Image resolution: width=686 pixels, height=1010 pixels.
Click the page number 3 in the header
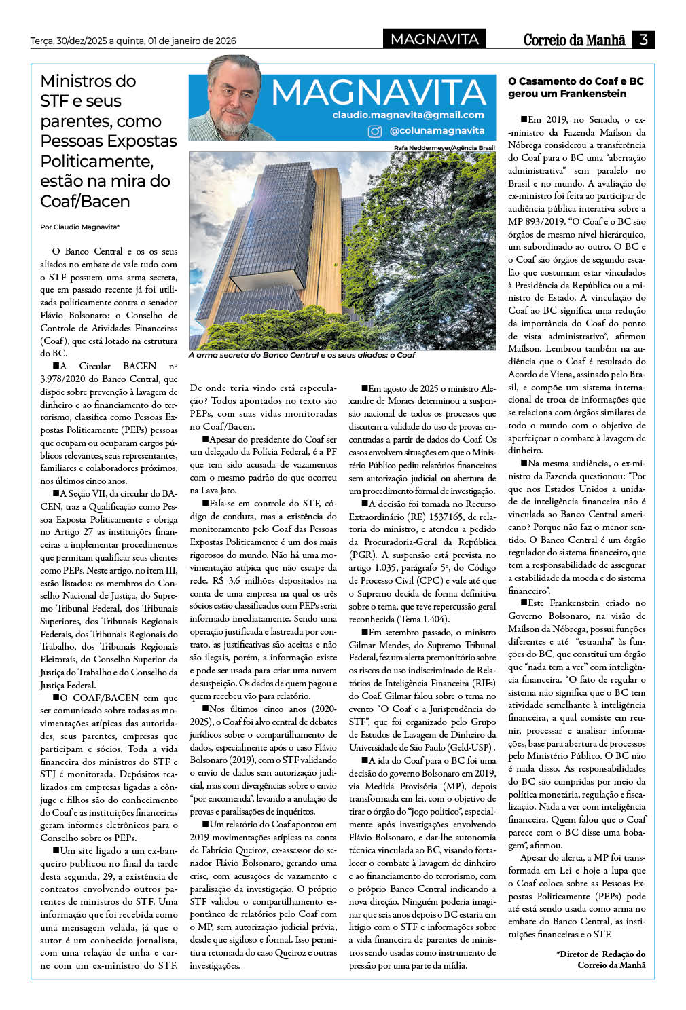pos(643,39)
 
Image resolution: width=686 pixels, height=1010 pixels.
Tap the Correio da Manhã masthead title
pos(574,40)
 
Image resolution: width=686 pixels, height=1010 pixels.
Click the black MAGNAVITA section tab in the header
pos(435,39)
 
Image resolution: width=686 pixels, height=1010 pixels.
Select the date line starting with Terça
pos(133,41)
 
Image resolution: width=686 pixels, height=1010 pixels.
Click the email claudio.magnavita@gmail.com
pos(408,115)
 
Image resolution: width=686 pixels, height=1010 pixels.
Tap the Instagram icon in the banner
pos(374,131)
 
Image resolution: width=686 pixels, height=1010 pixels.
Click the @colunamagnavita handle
pos(437,131)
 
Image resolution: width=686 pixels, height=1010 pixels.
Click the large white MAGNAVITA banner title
pos(378,92)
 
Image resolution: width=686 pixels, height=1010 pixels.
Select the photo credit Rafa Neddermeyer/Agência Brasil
pos(444,147)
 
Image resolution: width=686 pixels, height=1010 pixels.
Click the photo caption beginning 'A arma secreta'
pos(302,355)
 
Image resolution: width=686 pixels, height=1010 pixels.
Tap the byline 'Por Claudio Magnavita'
pos(79,227)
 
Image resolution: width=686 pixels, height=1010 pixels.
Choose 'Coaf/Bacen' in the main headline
pos(85,201)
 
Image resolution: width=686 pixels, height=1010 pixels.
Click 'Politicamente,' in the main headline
pos(96,161)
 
